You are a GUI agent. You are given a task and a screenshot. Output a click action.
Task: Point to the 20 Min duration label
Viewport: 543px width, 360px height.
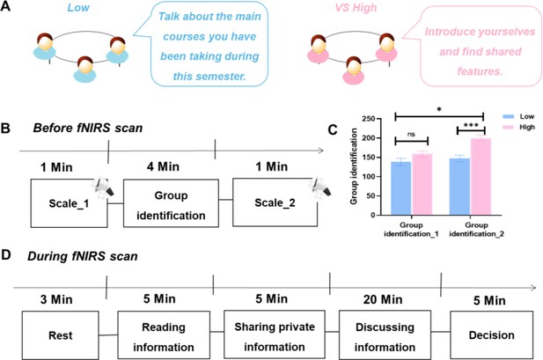(x=383, y=300)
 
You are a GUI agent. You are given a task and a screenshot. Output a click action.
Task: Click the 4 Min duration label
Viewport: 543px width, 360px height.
(x=163, y=166)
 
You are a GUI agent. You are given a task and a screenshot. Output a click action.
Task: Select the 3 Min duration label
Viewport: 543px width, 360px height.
(x=56, y=299)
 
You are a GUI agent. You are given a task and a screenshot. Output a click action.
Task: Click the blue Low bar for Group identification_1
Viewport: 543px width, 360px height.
(x=401, y=188)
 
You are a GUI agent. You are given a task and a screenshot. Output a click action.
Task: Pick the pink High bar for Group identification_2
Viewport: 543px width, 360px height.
(x=481, y=177)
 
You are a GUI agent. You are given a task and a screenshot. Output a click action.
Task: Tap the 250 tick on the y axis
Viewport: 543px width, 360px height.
(x=369, y=119)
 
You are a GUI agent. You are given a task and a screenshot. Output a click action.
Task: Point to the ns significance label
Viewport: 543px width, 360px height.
(x=411, y=135)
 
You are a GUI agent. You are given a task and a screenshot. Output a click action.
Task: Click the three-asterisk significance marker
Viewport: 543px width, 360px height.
(x=471, y=125)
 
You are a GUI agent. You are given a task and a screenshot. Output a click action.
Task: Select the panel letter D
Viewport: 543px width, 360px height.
(x=6, y=255)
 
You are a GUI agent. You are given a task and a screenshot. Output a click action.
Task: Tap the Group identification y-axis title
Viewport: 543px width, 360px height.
(x=354, y=166)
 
